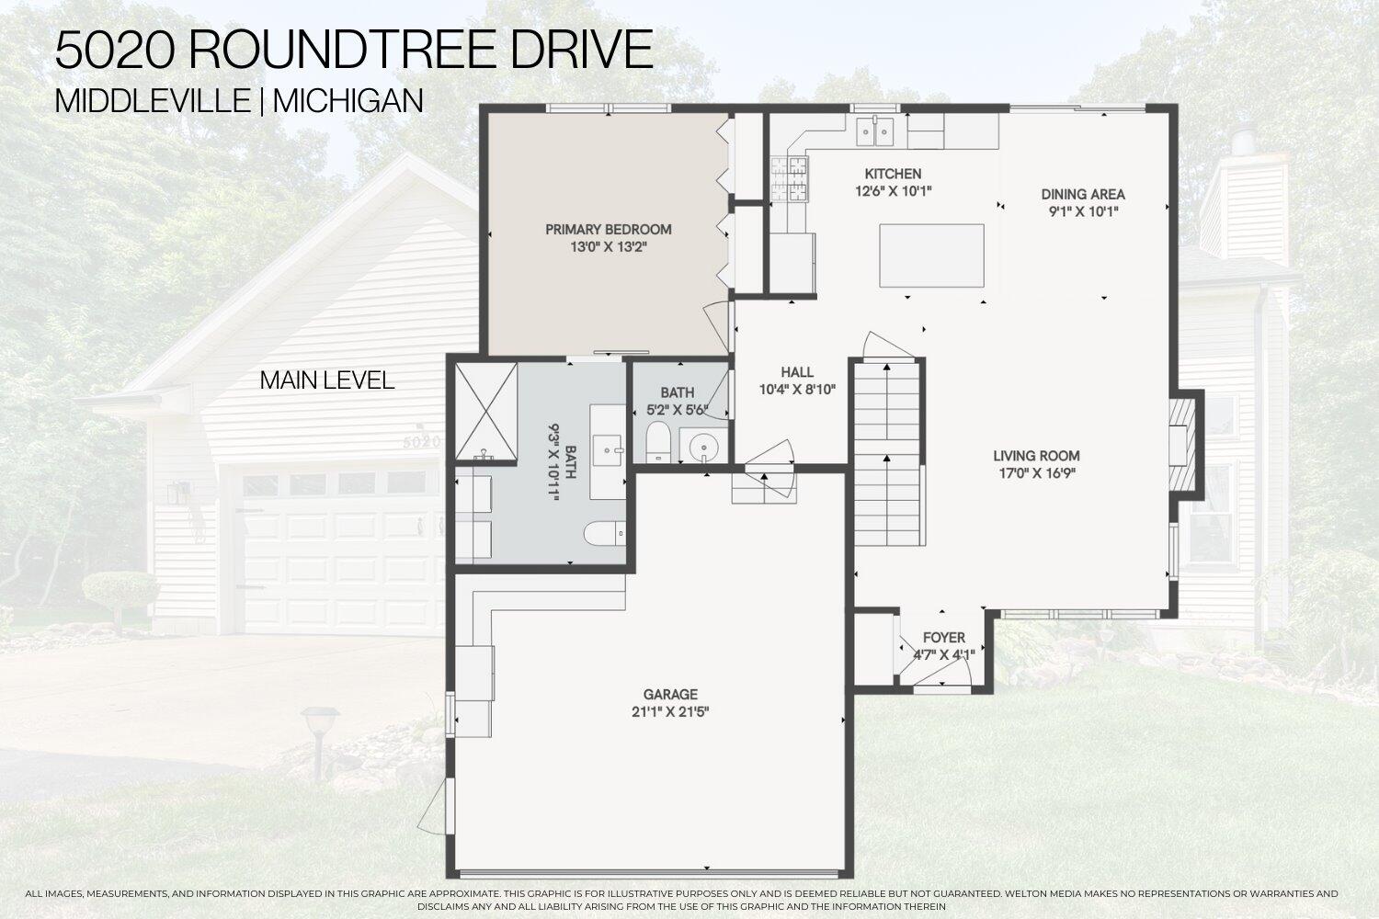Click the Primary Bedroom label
tap(608, 230)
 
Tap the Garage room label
tap(670, 695)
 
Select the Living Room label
tap(1036, 456)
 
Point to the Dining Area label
tap(1083, 195)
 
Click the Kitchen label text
tap(893, 174)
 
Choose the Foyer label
tap(944, 638)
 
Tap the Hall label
tap(797, 372)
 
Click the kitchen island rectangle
tap(931, 255)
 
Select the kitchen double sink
tap(876, 132)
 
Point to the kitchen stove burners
tap(790, 179)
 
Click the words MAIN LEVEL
tap(327, 380)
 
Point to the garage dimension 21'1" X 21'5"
tap(670, 711)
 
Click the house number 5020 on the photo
tap(422, 441)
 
